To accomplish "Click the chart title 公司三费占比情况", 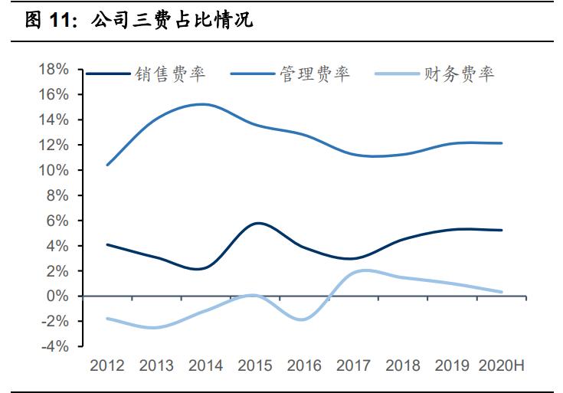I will click(x=172, y=21).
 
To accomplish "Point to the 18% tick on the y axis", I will click(x=53, y=70).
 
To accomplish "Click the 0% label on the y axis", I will click(x=57, y=296).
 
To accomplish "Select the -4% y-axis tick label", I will click(x=54, y=347).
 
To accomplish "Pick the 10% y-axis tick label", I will click(x=53, y=170).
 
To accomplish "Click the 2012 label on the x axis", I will click(x=106, y=365).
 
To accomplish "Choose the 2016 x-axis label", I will click(x=303, y=365).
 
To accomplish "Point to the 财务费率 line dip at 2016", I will click(x=303, y=319).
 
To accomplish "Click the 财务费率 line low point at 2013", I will click(x=155, y=328).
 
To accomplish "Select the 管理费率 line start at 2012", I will click(x=106, y=165).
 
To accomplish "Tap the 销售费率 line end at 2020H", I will click(x=502, y=230).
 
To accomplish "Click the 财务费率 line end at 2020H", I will click(x=502, y=292).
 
